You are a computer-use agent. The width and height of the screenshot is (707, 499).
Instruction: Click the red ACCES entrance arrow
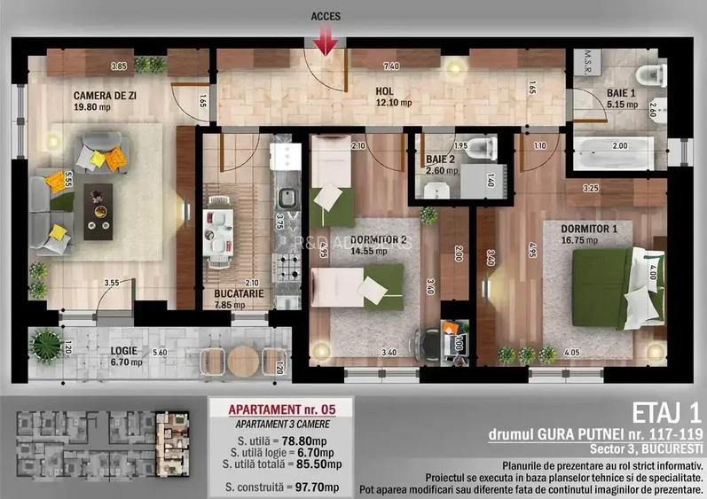point(326,40)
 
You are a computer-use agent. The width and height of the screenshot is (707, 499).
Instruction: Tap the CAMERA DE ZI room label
point(104,93)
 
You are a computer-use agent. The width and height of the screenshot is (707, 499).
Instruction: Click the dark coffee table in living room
point(98,210)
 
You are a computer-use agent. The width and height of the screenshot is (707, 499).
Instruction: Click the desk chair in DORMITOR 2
point(428,339)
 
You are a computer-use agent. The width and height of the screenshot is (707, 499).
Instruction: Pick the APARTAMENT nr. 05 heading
point(280,409)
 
